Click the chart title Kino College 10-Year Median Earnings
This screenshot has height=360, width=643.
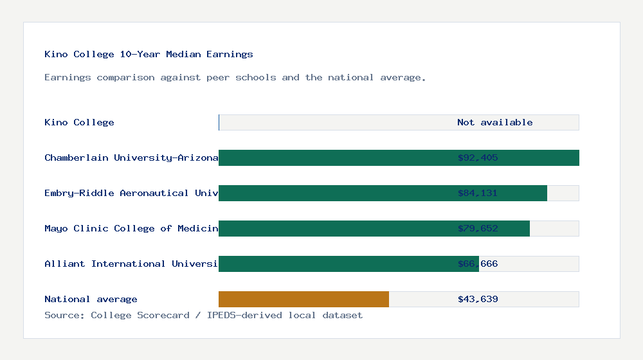coord(149,55)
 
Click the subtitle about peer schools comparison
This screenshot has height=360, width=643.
coord(235,78)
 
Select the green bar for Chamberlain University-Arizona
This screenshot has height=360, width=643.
coord(334,158)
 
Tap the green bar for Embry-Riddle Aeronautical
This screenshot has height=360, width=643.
coord(334,194)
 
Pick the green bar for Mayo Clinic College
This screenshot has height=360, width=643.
coord(334,229)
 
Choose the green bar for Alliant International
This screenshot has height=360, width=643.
coord(334,264)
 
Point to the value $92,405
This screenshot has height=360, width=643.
coord(478,158)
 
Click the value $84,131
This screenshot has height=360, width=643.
coord(478,194)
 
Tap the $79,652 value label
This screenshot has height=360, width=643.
coord(478,229)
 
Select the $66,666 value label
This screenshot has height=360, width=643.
coord(478,264)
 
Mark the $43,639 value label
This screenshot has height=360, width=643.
coord(478,300)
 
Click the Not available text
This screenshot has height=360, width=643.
coord(494,123)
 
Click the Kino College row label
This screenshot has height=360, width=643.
coord(79,123)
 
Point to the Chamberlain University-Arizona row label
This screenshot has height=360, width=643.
coord(131,158)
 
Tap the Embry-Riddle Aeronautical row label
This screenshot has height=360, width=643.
coord(131,194)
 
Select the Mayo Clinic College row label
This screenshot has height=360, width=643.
coord(131,229)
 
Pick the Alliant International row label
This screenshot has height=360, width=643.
coord(131,264)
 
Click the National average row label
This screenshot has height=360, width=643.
coord(91,300)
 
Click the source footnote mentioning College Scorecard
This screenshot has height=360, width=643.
coord(203,316)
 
